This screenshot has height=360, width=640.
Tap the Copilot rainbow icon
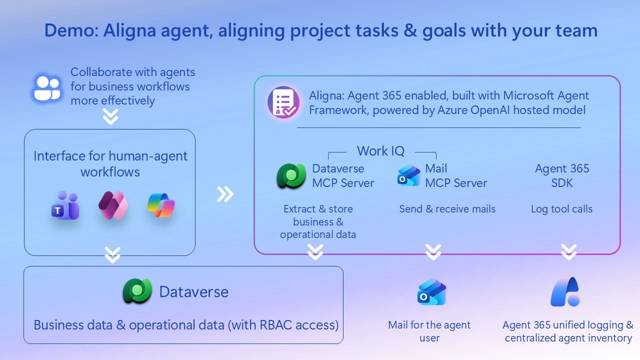coord(161,205)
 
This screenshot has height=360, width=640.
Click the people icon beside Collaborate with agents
coord(47,88)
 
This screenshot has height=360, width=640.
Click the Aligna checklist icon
coord(283,102)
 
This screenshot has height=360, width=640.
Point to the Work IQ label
coord(380,151)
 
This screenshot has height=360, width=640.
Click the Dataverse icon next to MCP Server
coord(291,175)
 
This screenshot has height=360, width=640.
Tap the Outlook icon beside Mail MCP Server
coord(409,175)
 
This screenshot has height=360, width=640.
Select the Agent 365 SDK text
coord(562,175)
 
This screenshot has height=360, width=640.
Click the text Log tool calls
coord(561,209)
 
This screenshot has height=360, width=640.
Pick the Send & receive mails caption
coord(447,209)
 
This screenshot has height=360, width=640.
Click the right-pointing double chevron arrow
coord(225,194)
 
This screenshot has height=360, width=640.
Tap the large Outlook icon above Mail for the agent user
coord(431,292)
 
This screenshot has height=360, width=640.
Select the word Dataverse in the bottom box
coord(193,292)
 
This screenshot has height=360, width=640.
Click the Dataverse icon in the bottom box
coord(137,291)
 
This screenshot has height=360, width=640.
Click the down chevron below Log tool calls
coord(568,252)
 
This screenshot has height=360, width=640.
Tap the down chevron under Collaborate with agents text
coord(110,117)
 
